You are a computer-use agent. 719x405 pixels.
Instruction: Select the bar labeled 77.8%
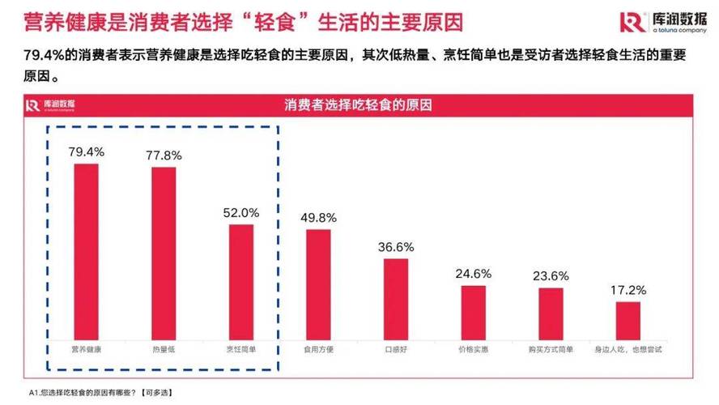coord(164,253)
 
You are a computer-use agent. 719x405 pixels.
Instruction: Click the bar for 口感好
coord(396,298)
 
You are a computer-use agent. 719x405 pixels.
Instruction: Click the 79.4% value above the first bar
coord(86,151)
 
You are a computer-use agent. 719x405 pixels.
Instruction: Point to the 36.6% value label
coord(396,246)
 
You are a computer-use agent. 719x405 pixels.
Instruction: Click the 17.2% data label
coord(628,289)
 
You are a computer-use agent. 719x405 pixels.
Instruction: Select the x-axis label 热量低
coord(164,349)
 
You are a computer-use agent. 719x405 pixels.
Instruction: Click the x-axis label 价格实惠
coord(474,349)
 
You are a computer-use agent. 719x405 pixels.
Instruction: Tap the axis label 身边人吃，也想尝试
coord(628,349)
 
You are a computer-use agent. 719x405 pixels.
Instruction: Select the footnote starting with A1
coord(101,393)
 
